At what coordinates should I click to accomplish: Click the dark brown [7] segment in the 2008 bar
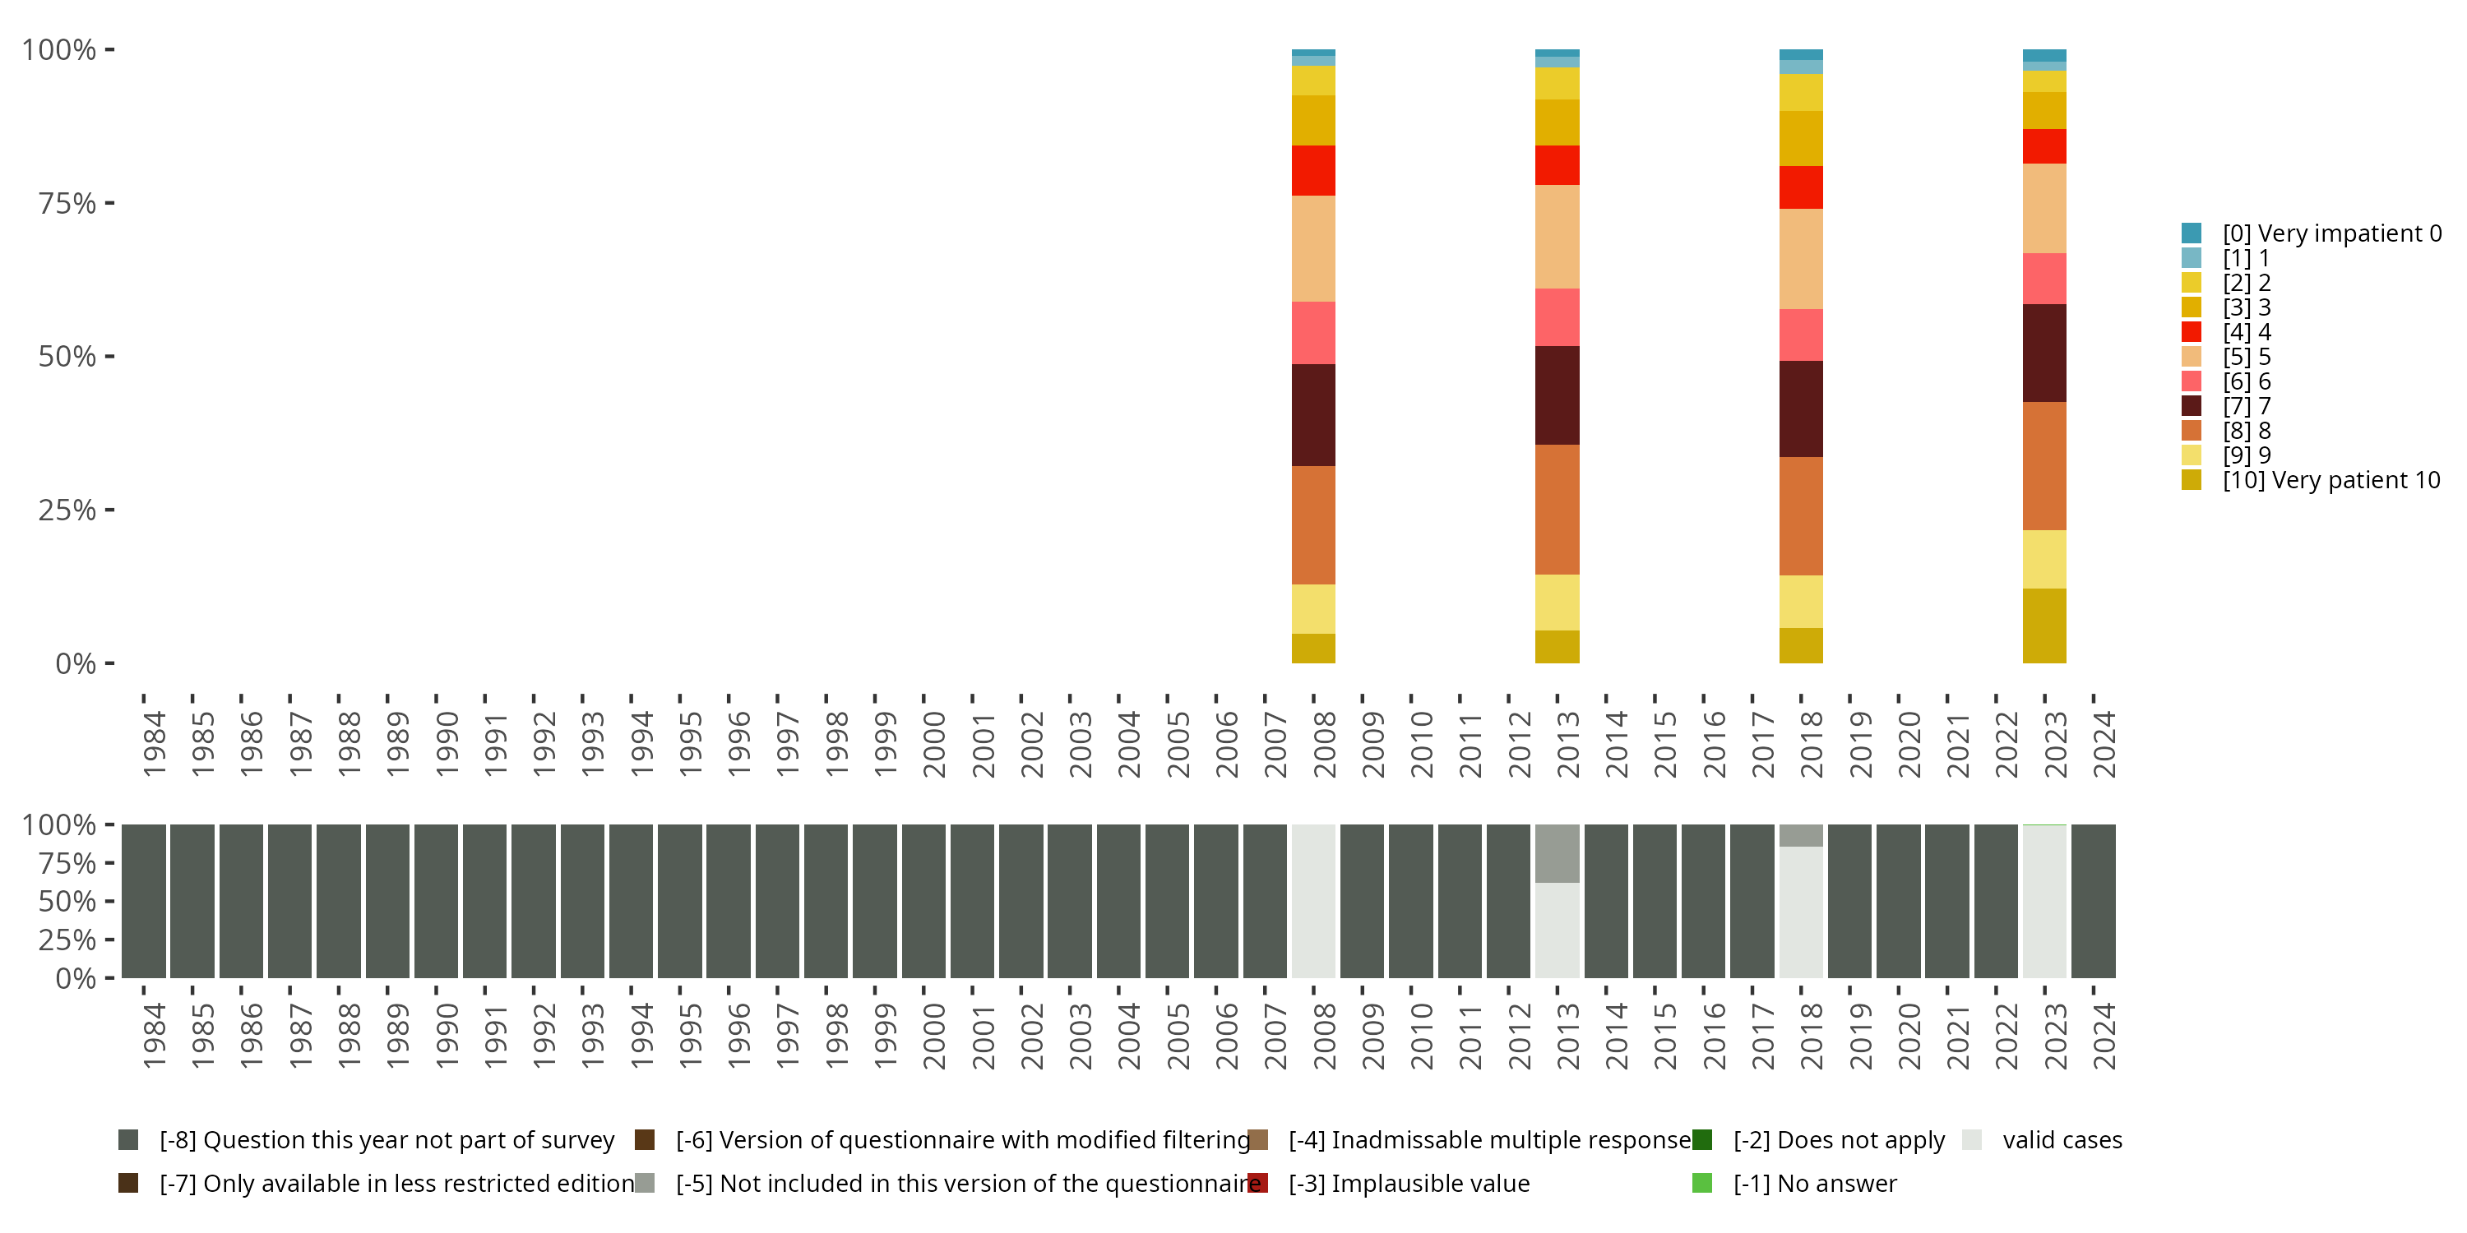point(1313,414)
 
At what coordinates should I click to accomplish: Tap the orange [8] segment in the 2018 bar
point(1800,515)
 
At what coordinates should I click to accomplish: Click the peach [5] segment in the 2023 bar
point(2043,208)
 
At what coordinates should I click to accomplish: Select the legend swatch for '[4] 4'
point(2192,332)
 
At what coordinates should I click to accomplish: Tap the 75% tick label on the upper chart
point(67,203)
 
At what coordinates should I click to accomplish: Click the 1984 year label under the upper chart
point(153,744)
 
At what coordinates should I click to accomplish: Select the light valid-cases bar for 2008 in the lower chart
point(1313,901)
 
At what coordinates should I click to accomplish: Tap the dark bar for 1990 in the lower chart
point(436,901)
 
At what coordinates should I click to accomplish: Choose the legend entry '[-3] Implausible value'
point(1408,1183)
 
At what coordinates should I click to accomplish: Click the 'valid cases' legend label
point(2062,1140)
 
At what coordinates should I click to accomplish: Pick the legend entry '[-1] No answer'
point(1814,1183)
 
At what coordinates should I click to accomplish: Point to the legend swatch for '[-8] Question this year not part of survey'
point(128,1140)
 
